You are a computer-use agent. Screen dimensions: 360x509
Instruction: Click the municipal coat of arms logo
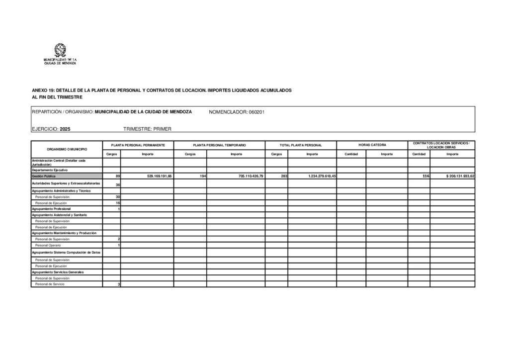point(60,50)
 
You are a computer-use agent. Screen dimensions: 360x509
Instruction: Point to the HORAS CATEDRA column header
point(372,145)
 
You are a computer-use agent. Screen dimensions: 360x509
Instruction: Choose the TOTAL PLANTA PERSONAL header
point(301,145)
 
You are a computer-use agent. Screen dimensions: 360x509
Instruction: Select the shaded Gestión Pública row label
point(44,177)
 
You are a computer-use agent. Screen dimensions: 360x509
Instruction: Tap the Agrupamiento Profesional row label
point(51,209)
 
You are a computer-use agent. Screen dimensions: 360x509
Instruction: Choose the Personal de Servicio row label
point(50,284)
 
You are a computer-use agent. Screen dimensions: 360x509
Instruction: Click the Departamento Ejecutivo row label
point(50,170)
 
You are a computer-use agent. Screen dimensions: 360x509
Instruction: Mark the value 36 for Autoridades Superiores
point(118,184)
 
